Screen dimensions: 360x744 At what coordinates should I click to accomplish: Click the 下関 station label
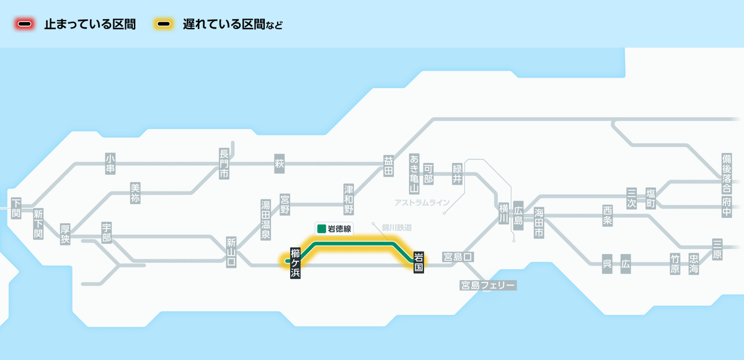(16, 208)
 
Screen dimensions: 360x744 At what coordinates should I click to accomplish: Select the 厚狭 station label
(65, 234)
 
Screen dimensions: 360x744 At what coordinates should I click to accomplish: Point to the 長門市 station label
(224, 164)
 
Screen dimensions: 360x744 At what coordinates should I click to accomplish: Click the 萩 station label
(279, 164)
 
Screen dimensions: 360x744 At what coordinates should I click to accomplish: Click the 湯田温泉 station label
(265, 219)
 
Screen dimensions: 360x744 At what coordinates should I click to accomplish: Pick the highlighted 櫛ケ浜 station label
(295, 263)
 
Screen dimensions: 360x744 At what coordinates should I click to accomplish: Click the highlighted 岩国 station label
(418, 263)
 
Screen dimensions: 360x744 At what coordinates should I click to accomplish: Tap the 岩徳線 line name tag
(334, 229)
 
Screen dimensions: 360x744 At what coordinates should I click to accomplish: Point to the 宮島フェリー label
(487, 285)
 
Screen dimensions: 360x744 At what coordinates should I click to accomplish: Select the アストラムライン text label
(422, 203)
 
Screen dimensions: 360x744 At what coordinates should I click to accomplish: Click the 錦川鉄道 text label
(397, 227)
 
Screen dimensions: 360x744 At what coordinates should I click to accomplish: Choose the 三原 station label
(717, 250)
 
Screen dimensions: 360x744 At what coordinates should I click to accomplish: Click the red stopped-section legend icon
(25, 25)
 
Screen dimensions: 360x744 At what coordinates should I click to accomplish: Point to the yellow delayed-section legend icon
(164, 25)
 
